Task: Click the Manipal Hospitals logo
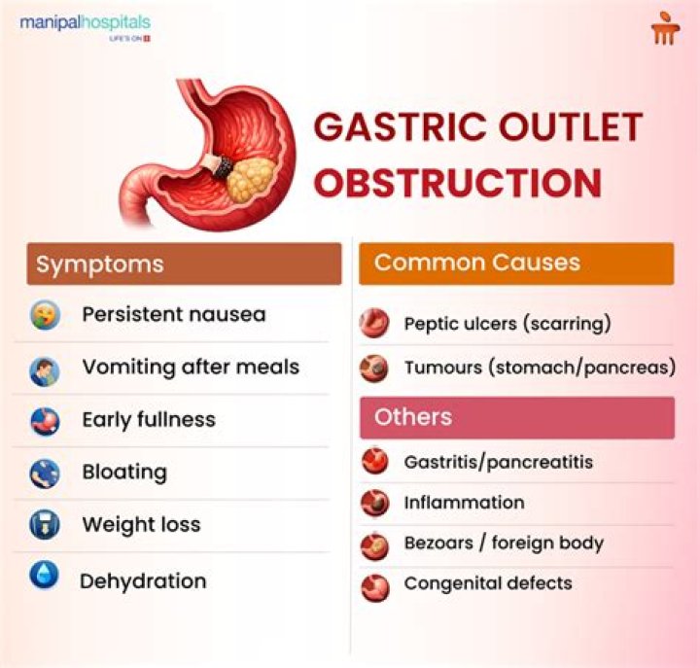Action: [x=86, y=27]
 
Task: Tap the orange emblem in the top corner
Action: [x=665, y=28]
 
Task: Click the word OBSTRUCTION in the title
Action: [x=458, y=183]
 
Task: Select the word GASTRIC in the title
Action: [x=400, y=126]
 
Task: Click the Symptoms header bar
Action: [x=184, y=264]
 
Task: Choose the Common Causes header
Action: [x=516, y=264]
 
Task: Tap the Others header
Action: [x=517, y=417]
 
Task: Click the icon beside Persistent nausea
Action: [x=45, y=315]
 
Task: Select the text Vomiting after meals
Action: [x=191, y=368]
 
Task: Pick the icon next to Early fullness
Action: [x=45, y=421]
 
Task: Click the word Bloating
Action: [x=124, y=473]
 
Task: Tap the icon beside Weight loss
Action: [x=45, y=525]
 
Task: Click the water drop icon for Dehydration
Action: [x=44, y=575]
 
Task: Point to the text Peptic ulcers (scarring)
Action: [x=507, y=324]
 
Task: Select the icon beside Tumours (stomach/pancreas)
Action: [x=374, y=369]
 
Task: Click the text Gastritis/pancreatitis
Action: [x=498, y=462]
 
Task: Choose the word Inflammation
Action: [x=465, y=503]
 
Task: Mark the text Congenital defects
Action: [x=488, y=583]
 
